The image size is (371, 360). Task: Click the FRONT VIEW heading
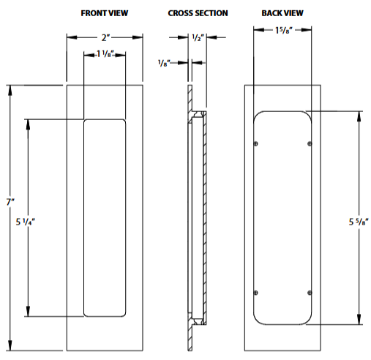(x=105, y=13)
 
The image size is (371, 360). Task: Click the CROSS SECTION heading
(x=198, y=13)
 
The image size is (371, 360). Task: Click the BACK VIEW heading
(x=282, y=13)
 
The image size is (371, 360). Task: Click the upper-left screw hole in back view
(x=255, y=143)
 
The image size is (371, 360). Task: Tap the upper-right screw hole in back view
(x=311, y=143)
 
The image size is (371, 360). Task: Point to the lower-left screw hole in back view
(x=255, y=293)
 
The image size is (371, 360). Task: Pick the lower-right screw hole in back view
(x=311, y=293)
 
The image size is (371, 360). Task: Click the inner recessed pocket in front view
(x=105, y=217)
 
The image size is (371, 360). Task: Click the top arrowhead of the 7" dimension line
(x=10, y=90)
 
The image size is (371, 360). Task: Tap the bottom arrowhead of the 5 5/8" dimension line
(x=359, y=320)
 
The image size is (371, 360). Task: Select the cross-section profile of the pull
(x=196, y=217)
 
